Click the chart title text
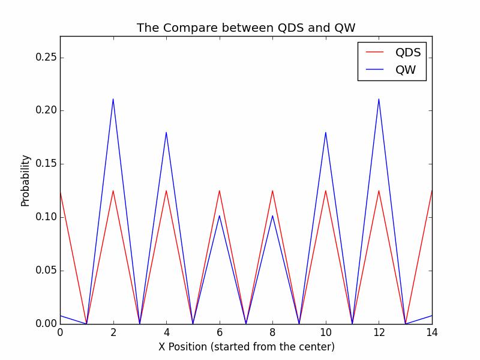pos(250,28)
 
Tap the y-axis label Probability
pos(25,180)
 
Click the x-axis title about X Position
pos(246,347)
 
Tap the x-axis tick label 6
pos(220,332)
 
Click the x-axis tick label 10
pos(326,332)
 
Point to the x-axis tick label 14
pos(431,332)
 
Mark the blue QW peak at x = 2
pos(113,99)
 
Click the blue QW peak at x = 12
pos(379,99)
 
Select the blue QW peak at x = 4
pos(166,132)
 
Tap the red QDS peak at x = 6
pos(220,191)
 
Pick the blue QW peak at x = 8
pos(272,215)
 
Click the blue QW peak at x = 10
pos(326,132)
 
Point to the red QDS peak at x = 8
pos(272,191)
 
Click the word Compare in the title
pos(182,28)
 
